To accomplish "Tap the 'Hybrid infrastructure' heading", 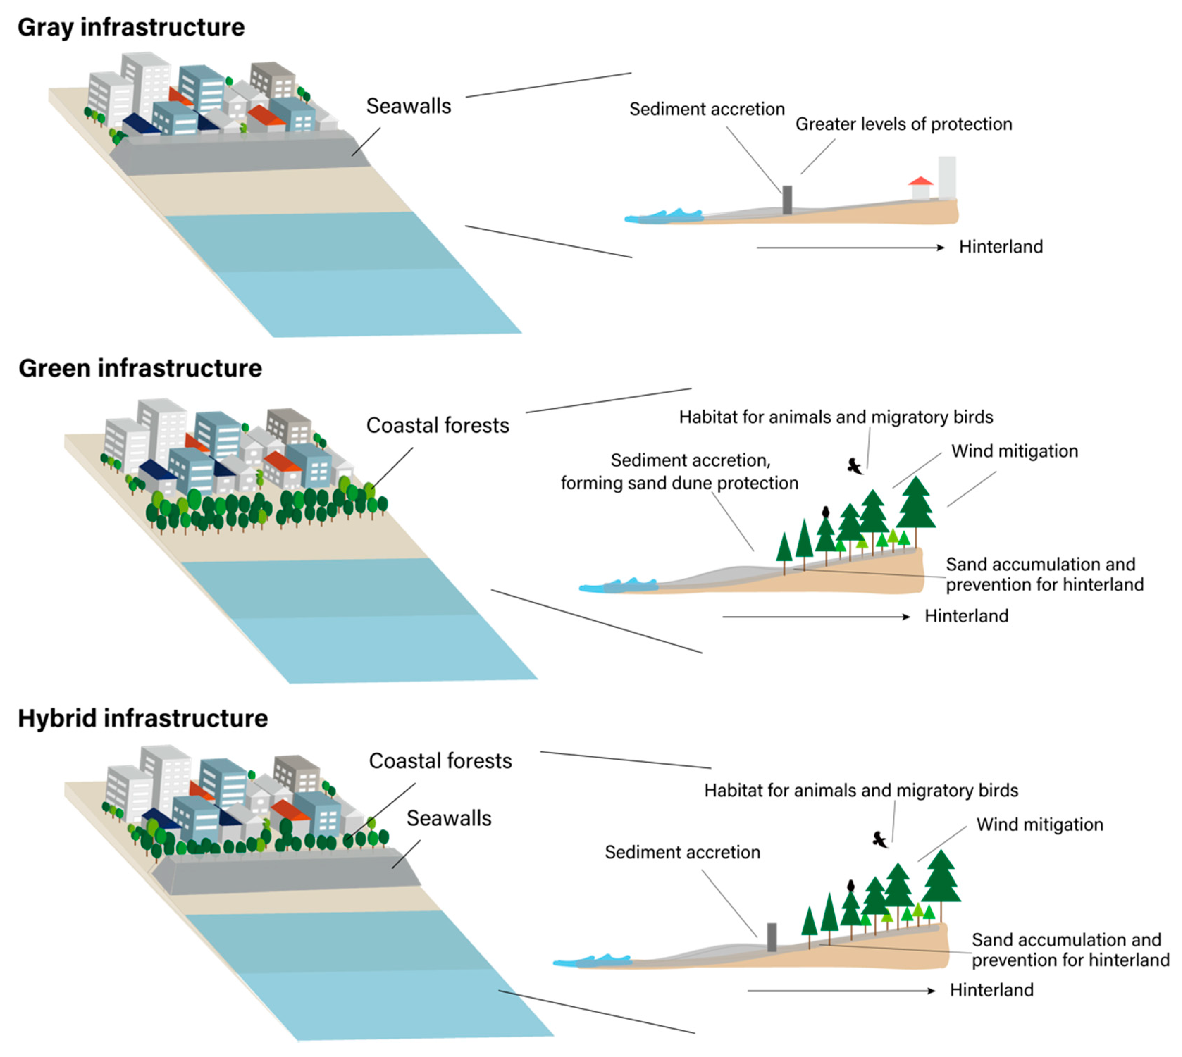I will tap(143, 719).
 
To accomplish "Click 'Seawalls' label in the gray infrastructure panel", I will tap(408, 106).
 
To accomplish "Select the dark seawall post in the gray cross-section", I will tap(787, 200).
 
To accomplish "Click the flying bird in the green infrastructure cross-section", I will tap(854, 466).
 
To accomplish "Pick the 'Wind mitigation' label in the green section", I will tap(1014, 451).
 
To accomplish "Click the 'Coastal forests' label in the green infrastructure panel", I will tap(437, 426).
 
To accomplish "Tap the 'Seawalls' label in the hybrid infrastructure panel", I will tap(448, 818).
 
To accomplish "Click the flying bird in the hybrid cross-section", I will tap(880, 839).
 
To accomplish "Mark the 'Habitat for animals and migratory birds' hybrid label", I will tap(861, 790).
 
